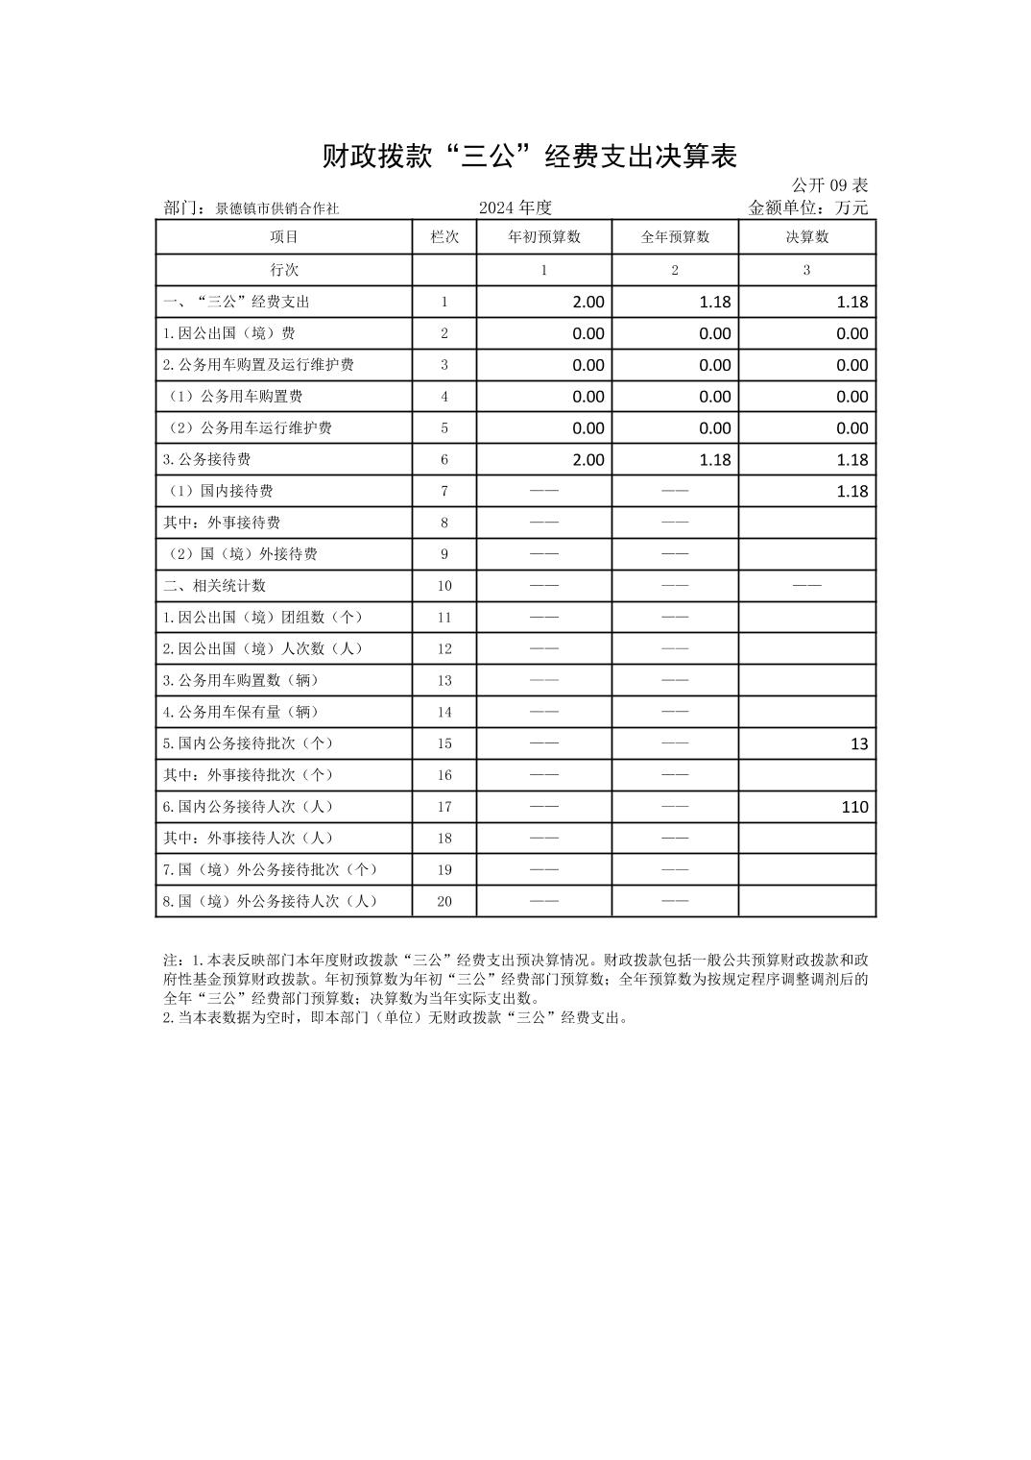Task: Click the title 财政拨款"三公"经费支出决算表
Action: coord(529,157)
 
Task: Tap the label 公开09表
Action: coord(829,185)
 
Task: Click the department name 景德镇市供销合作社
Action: coord(276,208)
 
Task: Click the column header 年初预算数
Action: coord(544,237)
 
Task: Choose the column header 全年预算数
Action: coord(675,237)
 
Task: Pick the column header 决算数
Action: coord(806,237)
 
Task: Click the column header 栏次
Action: coord(444,237)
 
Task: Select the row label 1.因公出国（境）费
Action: coord(228,333)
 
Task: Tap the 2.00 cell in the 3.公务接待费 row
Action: coord(588,460)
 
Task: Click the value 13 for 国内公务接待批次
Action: coord(858,744)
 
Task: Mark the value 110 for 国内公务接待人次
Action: coord(854,807)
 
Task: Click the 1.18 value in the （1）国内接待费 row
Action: coord(851,492)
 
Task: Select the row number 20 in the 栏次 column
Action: coord(444,901)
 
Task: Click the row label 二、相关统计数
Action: coord(214,586)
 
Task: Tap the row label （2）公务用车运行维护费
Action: coord(248,428)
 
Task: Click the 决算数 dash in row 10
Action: coord(806,586)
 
